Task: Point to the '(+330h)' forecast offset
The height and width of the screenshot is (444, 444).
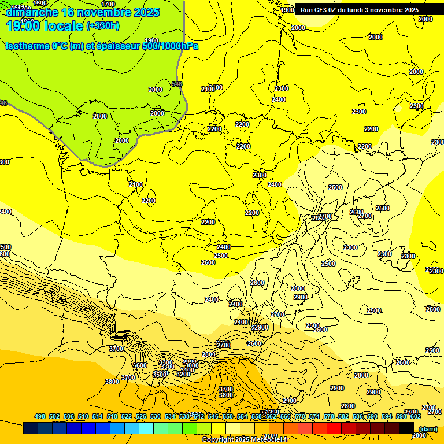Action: pyautogui.click(x=103, y=26)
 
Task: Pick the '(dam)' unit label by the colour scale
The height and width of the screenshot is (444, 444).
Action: pyautogui.click(x=428, y=428)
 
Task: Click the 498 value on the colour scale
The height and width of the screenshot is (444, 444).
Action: pyautogui.click(x=40, y=416)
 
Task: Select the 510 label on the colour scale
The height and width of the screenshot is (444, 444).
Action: pyautogui.click(x=83, y=416)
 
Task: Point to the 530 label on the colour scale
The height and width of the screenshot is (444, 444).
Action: pyautogui.click(x=156, y=416)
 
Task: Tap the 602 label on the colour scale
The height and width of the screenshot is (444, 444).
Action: pyautogui.click(x=416, y=416)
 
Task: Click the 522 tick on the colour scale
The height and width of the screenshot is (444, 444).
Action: pyautogui.click(x=127, y=416)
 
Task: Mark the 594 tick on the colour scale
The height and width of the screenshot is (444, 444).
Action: pyautogui.click(x=387, y=416)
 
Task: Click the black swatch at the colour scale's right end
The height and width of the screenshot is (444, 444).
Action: pyautogui.click(x=406, y=428)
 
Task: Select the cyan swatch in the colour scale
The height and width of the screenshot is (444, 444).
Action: pyautogui.click(x=146, y=428)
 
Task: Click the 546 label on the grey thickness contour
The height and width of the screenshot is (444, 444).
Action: pyautogui.click(x=177, y=84)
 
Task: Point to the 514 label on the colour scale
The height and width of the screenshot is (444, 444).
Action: pyautogui.click(x=98, y=416)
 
